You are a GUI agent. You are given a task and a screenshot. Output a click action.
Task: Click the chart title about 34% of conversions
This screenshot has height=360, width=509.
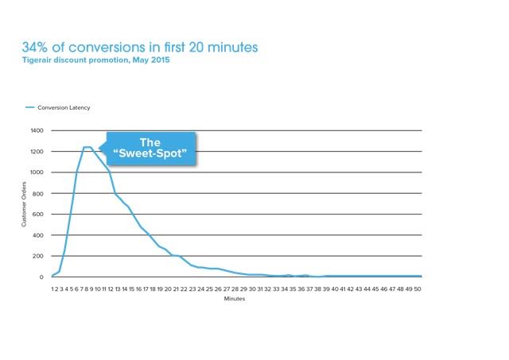click(x=140, y=47)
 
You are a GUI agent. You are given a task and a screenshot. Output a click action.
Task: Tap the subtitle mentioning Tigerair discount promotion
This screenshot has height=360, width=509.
click(x=95, y=60)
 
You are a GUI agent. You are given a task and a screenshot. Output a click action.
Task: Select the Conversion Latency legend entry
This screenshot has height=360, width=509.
click(x=58, y=107)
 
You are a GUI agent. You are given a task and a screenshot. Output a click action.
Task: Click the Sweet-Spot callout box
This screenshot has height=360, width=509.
click(x=151, y=149)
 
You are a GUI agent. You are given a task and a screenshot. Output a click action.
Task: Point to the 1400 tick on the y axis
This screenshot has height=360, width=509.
click(x=37, y=130)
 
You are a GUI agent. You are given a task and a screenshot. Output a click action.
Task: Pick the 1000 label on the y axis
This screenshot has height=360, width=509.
click(x=37, y=172)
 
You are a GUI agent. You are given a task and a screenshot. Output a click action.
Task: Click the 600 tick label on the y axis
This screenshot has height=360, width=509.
click(x=37, y=215)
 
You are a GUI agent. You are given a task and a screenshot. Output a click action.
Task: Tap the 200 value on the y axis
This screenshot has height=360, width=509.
click(x=37, y=256)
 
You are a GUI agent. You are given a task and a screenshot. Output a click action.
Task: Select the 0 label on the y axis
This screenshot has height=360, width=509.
click(x=41, y=277)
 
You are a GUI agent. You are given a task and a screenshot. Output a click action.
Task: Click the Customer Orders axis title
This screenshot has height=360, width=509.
click(x=24, y=204)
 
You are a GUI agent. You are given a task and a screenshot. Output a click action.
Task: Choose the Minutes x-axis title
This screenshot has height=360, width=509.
click(x=235, y=299)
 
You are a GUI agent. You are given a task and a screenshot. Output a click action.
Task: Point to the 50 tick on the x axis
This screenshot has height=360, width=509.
click(x=418, y=289)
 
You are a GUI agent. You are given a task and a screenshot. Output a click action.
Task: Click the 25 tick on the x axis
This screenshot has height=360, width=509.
click(x=209, y=289)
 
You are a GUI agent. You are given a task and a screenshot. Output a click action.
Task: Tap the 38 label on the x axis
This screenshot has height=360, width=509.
click(x=317, y=289)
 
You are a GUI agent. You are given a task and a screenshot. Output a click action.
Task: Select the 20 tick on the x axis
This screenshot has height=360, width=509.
click(x=168, y=289)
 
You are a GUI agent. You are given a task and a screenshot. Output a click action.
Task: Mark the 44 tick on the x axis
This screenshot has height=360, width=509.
click(x=367, y=289)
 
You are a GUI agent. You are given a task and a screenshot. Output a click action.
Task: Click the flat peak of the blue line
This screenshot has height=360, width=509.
click(x=87, y=147)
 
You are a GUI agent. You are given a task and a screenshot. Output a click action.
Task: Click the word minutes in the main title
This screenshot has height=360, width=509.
click(x=233, y=48)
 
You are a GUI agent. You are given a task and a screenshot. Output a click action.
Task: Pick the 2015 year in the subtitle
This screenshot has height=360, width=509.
click(x=161, y=60)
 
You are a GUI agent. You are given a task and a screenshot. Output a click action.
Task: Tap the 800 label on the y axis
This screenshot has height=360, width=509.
click(x=37, y=194)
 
